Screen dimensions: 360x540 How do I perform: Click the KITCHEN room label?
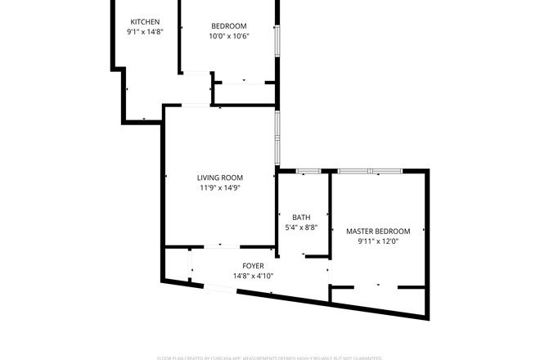tap(145, 21)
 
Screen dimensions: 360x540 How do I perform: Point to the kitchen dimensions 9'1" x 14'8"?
tap(145, 31)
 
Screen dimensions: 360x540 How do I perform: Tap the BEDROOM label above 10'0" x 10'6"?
tap(228, 26)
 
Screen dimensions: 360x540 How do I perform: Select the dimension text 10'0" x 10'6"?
tap(228, 36)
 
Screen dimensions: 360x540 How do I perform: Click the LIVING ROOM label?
tap(220, 178)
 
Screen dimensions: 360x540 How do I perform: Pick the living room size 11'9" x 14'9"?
tap(220, 187)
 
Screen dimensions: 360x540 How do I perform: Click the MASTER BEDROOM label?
tap(378, 232)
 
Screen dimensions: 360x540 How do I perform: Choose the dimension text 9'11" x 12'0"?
tap(378, 241)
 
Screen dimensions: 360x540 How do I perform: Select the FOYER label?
tap(253, 266)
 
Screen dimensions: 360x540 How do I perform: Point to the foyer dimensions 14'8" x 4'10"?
tap(253, 276)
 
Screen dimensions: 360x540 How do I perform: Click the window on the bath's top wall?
tap(308, 171)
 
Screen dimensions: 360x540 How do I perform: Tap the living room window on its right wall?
tap(277, 136)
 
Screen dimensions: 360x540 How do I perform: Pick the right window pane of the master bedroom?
tap(386, 171)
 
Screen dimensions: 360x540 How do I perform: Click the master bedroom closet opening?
tap(376, 287)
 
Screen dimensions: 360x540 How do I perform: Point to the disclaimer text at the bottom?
tap(270, 358)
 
